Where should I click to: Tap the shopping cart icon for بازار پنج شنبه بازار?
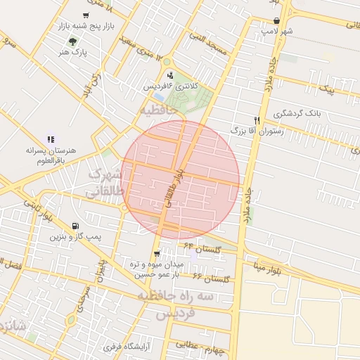point(85,15)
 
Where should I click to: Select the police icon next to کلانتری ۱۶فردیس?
point(169,75)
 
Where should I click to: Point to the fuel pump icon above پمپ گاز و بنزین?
point(75,226)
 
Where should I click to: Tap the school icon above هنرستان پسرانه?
point(51,139)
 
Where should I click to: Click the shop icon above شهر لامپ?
point(276,20)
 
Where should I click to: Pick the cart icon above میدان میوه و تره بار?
point(156,254)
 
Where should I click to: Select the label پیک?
point(326,90)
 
